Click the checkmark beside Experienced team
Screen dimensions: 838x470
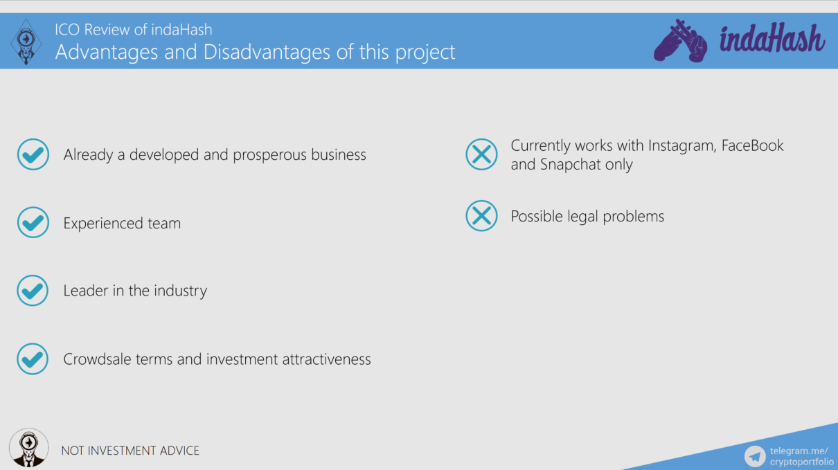tap(33, 222)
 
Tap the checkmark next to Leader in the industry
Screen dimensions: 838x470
tap(33, 291)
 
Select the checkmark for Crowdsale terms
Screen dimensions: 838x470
tap(33, 359)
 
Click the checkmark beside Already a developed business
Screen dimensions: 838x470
tap(33, 154)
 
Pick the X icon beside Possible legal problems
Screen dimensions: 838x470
tap(481, 216)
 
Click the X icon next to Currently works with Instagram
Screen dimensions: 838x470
tap(481, 154)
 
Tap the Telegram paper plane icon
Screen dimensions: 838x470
tap(755, 456)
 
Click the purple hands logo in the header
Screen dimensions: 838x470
tap(681, 40)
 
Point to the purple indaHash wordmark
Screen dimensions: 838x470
tap(772, 39)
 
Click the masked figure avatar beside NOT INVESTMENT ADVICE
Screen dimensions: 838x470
tap(29, 448)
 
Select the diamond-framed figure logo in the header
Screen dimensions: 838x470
tap(26, 42)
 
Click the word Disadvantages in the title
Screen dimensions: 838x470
tap(267, 52)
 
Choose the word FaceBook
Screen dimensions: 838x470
tap(752, 145)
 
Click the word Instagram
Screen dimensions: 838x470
tap(682, 146)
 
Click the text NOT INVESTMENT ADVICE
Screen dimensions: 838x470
tap(130, 451)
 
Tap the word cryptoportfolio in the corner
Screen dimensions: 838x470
tap(802, 462)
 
